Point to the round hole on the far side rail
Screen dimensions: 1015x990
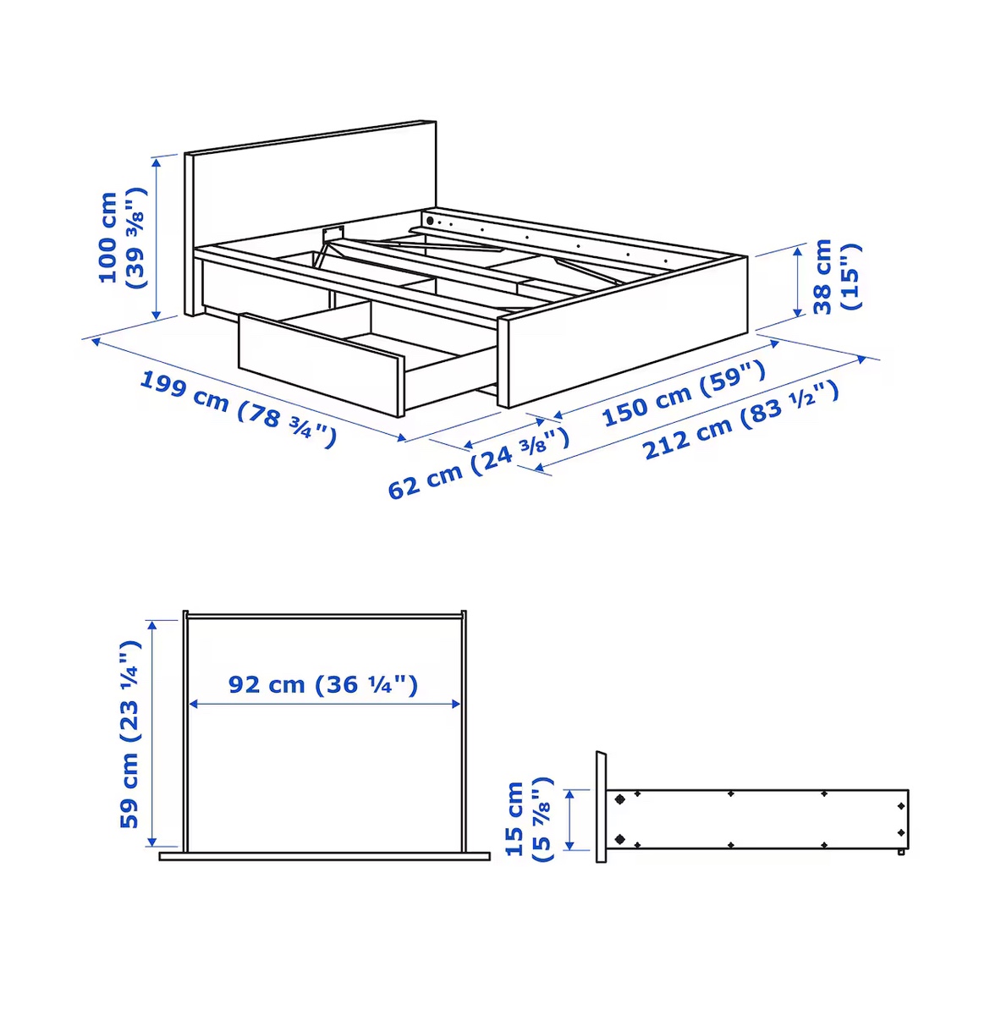tap(430, 221)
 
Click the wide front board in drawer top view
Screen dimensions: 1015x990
tap(324, 856)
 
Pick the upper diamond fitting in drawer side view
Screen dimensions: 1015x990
tap(620, 798)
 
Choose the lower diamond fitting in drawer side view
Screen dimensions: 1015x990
tap(620, 838)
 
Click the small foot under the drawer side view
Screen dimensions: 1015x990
tap(901, 852)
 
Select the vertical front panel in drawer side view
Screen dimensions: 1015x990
tap(601, 806)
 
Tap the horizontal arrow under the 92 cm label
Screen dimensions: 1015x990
tap(324, 704)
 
